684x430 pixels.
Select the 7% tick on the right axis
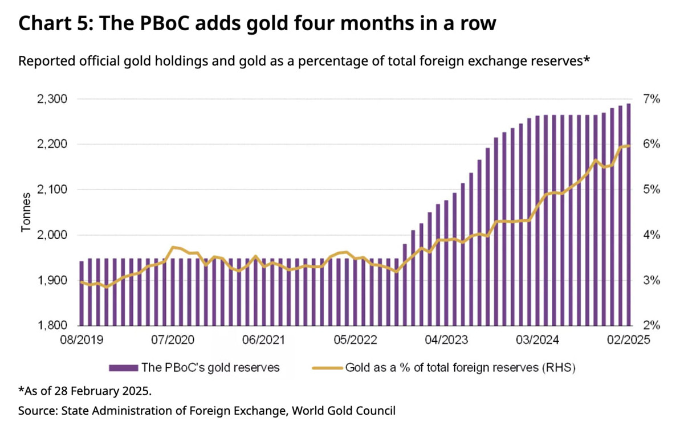tap(652, 100)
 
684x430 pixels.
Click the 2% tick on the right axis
tap(652, 326)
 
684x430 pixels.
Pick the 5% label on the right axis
tap(652, 190)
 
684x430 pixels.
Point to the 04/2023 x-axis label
tap(443, 340)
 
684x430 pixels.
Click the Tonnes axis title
tap(26, 212)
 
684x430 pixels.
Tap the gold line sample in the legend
tap(328, 367)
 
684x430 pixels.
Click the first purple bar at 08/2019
tap(82, 293)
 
